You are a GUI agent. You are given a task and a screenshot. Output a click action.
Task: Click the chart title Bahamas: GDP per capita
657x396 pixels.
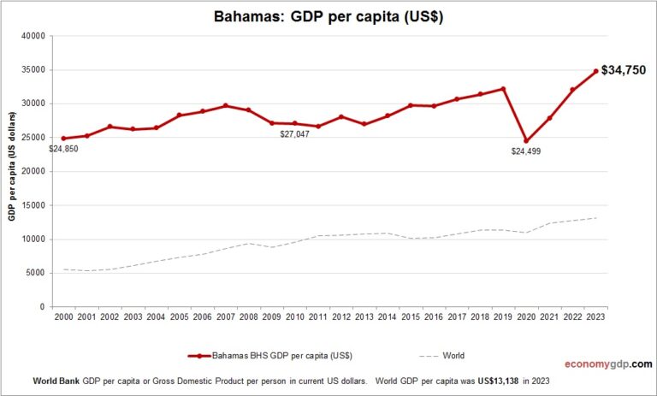tap(328, 16)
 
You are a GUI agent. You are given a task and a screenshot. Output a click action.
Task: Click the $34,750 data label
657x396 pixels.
tap(624, 70)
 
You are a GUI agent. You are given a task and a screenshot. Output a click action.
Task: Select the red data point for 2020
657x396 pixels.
tap(526, 141)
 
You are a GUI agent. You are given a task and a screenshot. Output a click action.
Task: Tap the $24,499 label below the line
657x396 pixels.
tap(525, 151)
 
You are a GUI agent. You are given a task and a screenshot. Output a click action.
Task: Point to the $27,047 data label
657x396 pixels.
tap(294, 133)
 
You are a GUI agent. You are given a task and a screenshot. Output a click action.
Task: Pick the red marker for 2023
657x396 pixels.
tap(595, 72)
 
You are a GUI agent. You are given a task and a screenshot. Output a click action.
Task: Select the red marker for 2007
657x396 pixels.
tap(225, 105)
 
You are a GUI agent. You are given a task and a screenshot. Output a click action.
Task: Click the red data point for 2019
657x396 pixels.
tap(503, 89)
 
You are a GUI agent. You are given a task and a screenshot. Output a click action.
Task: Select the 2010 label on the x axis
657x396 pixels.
tap(294, 317)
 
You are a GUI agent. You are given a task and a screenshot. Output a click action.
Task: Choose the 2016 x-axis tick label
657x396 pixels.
tap(434, 317)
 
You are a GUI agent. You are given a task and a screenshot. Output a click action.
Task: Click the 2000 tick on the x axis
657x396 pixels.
tap(63, 317)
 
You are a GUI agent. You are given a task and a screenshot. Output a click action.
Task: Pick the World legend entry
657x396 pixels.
tap(453, 355)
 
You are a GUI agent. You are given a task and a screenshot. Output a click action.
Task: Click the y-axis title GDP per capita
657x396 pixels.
tap(13, 171)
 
